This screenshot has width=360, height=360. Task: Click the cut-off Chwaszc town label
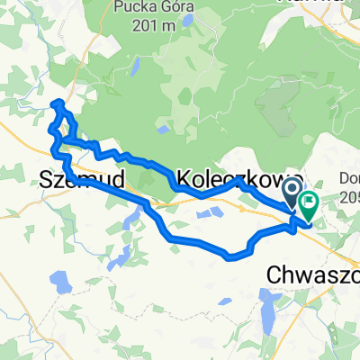[315, 273]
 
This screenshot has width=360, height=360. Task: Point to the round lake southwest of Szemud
[58, 283]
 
